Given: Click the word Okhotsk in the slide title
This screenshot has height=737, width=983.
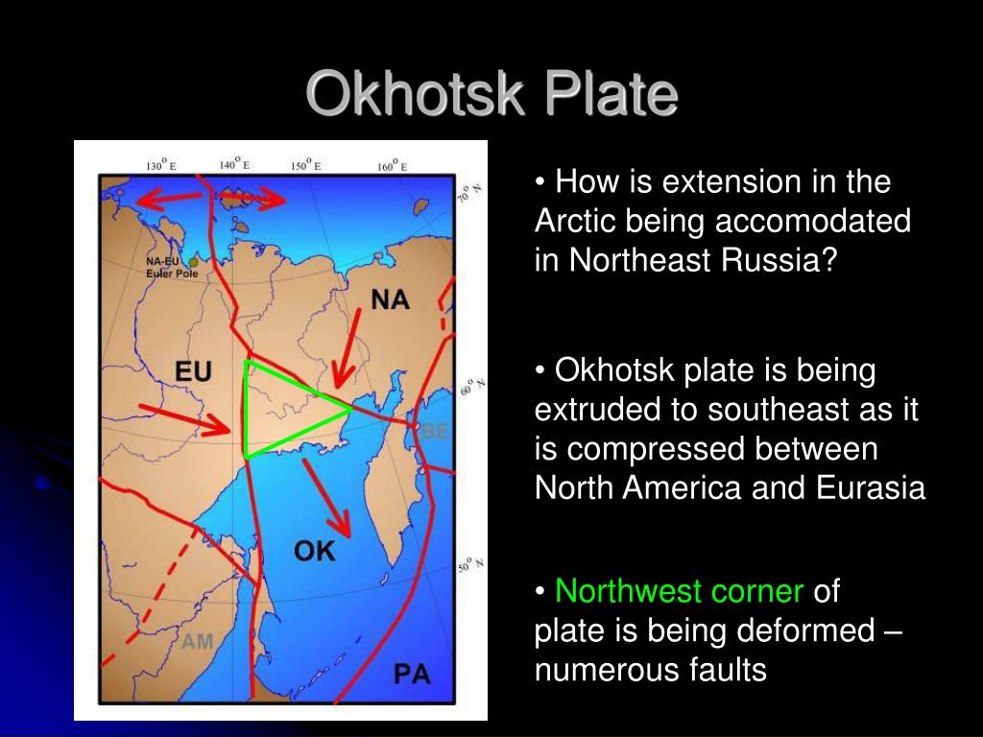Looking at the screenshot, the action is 415,93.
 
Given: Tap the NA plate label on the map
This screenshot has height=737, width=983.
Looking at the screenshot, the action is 390,299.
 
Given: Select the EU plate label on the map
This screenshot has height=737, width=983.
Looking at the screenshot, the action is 193,371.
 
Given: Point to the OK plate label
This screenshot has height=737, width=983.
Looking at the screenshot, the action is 314,551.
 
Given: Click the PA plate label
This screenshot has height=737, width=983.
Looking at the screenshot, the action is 412,675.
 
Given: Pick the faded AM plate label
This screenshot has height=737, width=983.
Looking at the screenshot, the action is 198,642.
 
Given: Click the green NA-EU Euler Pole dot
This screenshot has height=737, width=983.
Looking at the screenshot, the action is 193,263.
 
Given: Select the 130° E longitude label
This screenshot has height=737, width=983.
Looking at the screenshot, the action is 161,165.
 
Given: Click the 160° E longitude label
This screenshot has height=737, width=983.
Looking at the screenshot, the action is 392,166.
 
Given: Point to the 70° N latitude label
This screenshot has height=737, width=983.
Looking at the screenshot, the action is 469,192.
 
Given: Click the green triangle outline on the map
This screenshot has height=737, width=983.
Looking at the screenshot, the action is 246,411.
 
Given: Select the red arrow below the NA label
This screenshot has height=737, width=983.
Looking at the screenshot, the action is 347,348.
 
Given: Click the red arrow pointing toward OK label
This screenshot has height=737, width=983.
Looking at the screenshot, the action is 326,498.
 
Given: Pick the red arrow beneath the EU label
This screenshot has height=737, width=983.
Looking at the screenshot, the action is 185,420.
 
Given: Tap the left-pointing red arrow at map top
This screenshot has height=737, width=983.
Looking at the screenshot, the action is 169,200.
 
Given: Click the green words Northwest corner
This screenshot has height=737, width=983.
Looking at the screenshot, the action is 679,591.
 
